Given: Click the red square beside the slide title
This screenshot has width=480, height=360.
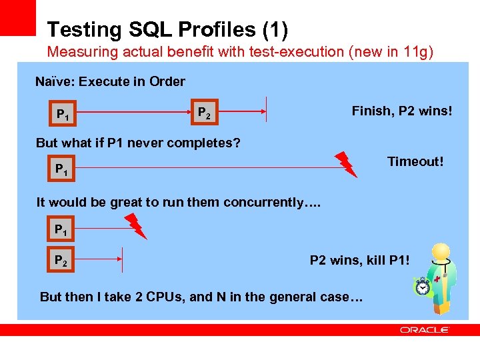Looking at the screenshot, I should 18,17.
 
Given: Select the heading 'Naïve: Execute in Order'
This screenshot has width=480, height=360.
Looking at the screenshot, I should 110,81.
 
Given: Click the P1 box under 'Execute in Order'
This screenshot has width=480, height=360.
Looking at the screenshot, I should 64,115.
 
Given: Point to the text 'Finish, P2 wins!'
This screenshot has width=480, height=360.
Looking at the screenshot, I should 401,111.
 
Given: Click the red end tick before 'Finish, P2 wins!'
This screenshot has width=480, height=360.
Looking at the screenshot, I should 266,109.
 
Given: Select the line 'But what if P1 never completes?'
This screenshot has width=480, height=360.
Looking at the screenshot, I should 138,143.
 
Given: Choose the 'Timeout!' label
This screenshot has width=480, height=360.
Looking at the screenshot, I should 415,161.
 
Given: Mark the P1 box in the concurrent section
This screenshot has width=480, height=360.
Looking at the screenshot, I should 61,230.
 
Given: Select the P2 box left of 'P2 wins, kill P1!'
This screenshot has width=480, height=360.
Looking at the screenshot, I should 61,259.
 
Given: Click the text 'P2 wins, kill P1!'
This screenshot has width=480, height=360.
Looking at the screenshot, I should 360,260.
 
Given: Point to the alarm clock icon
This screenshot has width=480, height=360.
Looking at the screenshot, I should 423,286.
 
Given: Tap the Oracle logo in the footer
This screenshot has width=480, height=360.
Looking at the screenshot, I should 425,329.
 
